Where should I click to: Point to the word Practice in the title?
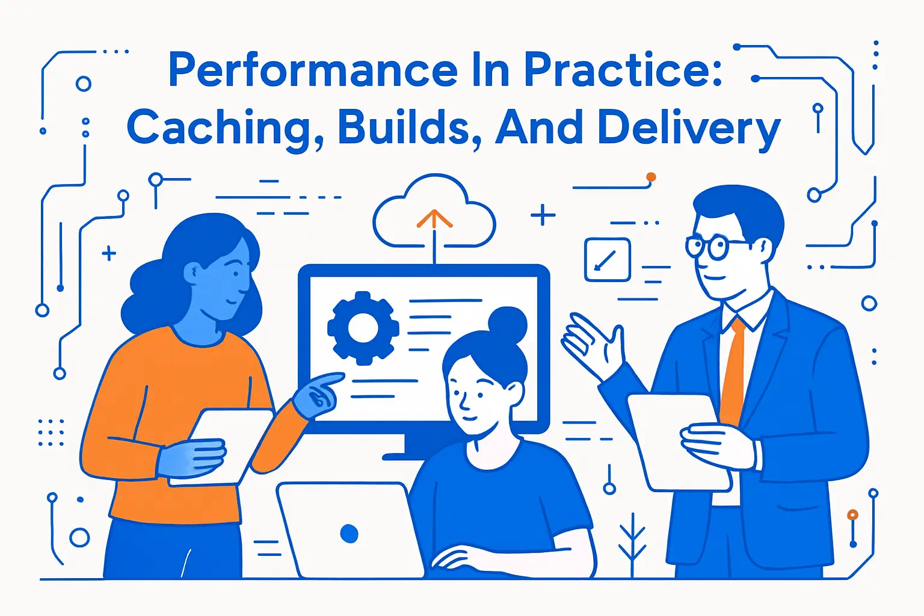pos(623,70)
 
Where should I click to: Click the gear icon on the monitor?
pos(363,328)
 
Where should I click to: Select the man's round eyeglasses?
pos(708,247)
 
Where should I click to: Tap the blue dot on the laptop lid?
pos(349,533)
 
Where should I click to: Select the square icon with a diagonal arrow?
pos(608,259)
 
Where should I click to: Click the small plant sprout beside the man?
pos(632,541)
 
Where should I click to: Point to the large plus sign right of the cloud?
pos(543,215)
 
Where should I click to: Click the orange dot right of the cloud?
pos(650,177)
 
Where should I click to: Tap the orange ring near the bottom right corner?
pos(852,515)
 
